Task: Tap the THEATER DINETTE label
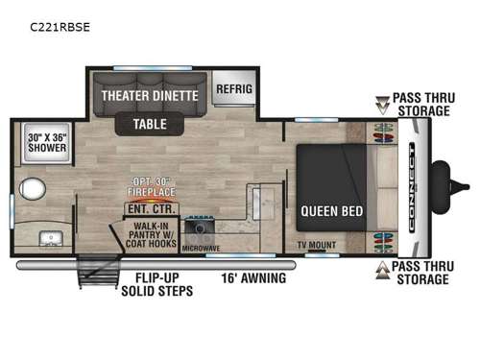pos(152,96)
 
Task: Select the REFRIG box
pos(233,89)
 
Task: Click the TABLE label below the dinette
pos(150,124)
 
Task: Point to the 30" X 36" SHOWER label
pos(48,143)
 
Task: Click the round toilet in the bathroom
pos(35,187)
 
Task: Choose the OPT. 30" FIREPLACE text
pos(154,186)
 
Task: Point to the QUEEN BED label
pos(331,210)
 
